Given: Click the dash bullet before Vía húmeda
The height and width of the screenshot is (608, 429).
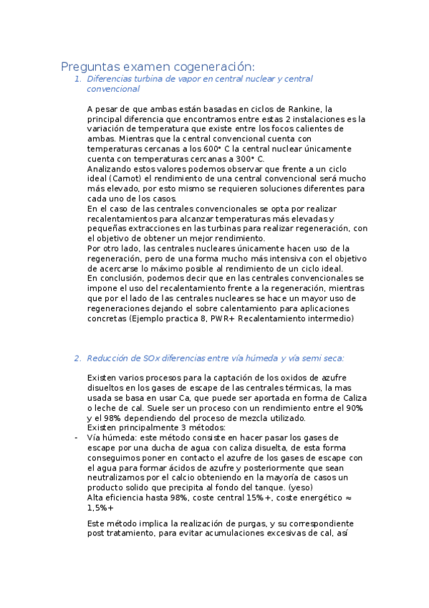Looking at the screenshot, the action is [x=77, y=437].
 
